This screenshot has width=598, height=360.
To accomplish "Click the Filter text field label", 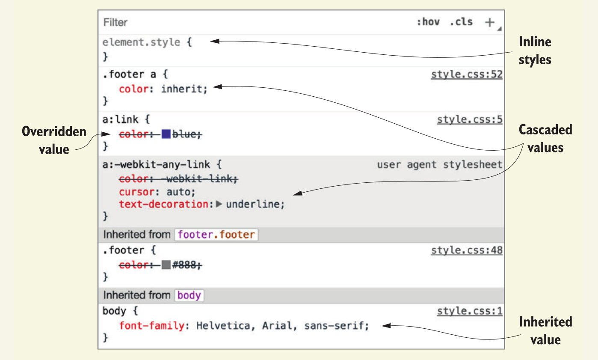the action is tap(115, 22).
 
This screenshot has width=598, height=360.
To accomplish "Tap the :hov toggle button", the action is tap(428, 22).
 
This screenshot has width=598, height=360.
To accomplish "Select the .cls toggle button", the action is tap(461, 22).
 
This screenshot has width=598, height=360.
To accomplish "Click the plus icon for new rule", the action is tap(490, 22).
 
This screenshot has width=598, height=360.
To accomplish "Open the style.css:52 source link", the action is tap(467, 74).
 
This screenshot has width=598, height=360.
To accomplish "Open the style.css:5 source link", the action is tap(470, 119).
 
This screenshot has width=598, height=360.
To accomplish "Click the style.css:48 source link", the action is tap(467, 250).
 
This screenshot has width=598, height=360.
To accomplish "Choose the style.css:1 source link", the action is tap(470, 311).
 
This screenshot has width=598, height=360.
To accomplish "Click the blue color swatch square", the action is tap(166, 134).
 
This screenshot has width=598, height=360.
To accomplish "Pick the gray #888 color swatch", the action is tap(166, 265).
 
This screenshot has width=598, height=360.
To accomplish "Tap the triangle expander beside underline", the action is tap(219, 204).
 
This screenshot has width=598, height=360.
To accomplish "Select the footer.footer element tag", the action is tap(216, 235).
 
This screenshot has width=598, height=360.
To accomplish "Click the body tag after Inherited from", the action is tap(189, 295).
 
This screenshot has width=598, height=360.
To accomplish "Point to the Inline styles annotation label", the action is tap(535, 51).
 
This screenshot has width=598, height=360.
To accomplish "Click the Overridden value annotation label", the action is tap(54, 140).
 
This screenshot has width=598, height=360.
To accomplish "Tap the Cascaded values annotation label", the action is tap(545, 139).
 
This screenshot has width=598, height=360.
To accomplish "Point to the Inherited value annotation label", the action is tap(545, 330).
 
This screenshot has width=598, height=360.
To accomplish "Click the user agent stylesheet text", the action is tap(439, 164).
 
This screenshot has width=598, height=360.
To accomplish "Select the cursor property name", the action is tap(136, 192).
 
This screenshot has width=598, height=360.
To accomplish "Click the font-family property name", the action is tap(151, 326).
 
